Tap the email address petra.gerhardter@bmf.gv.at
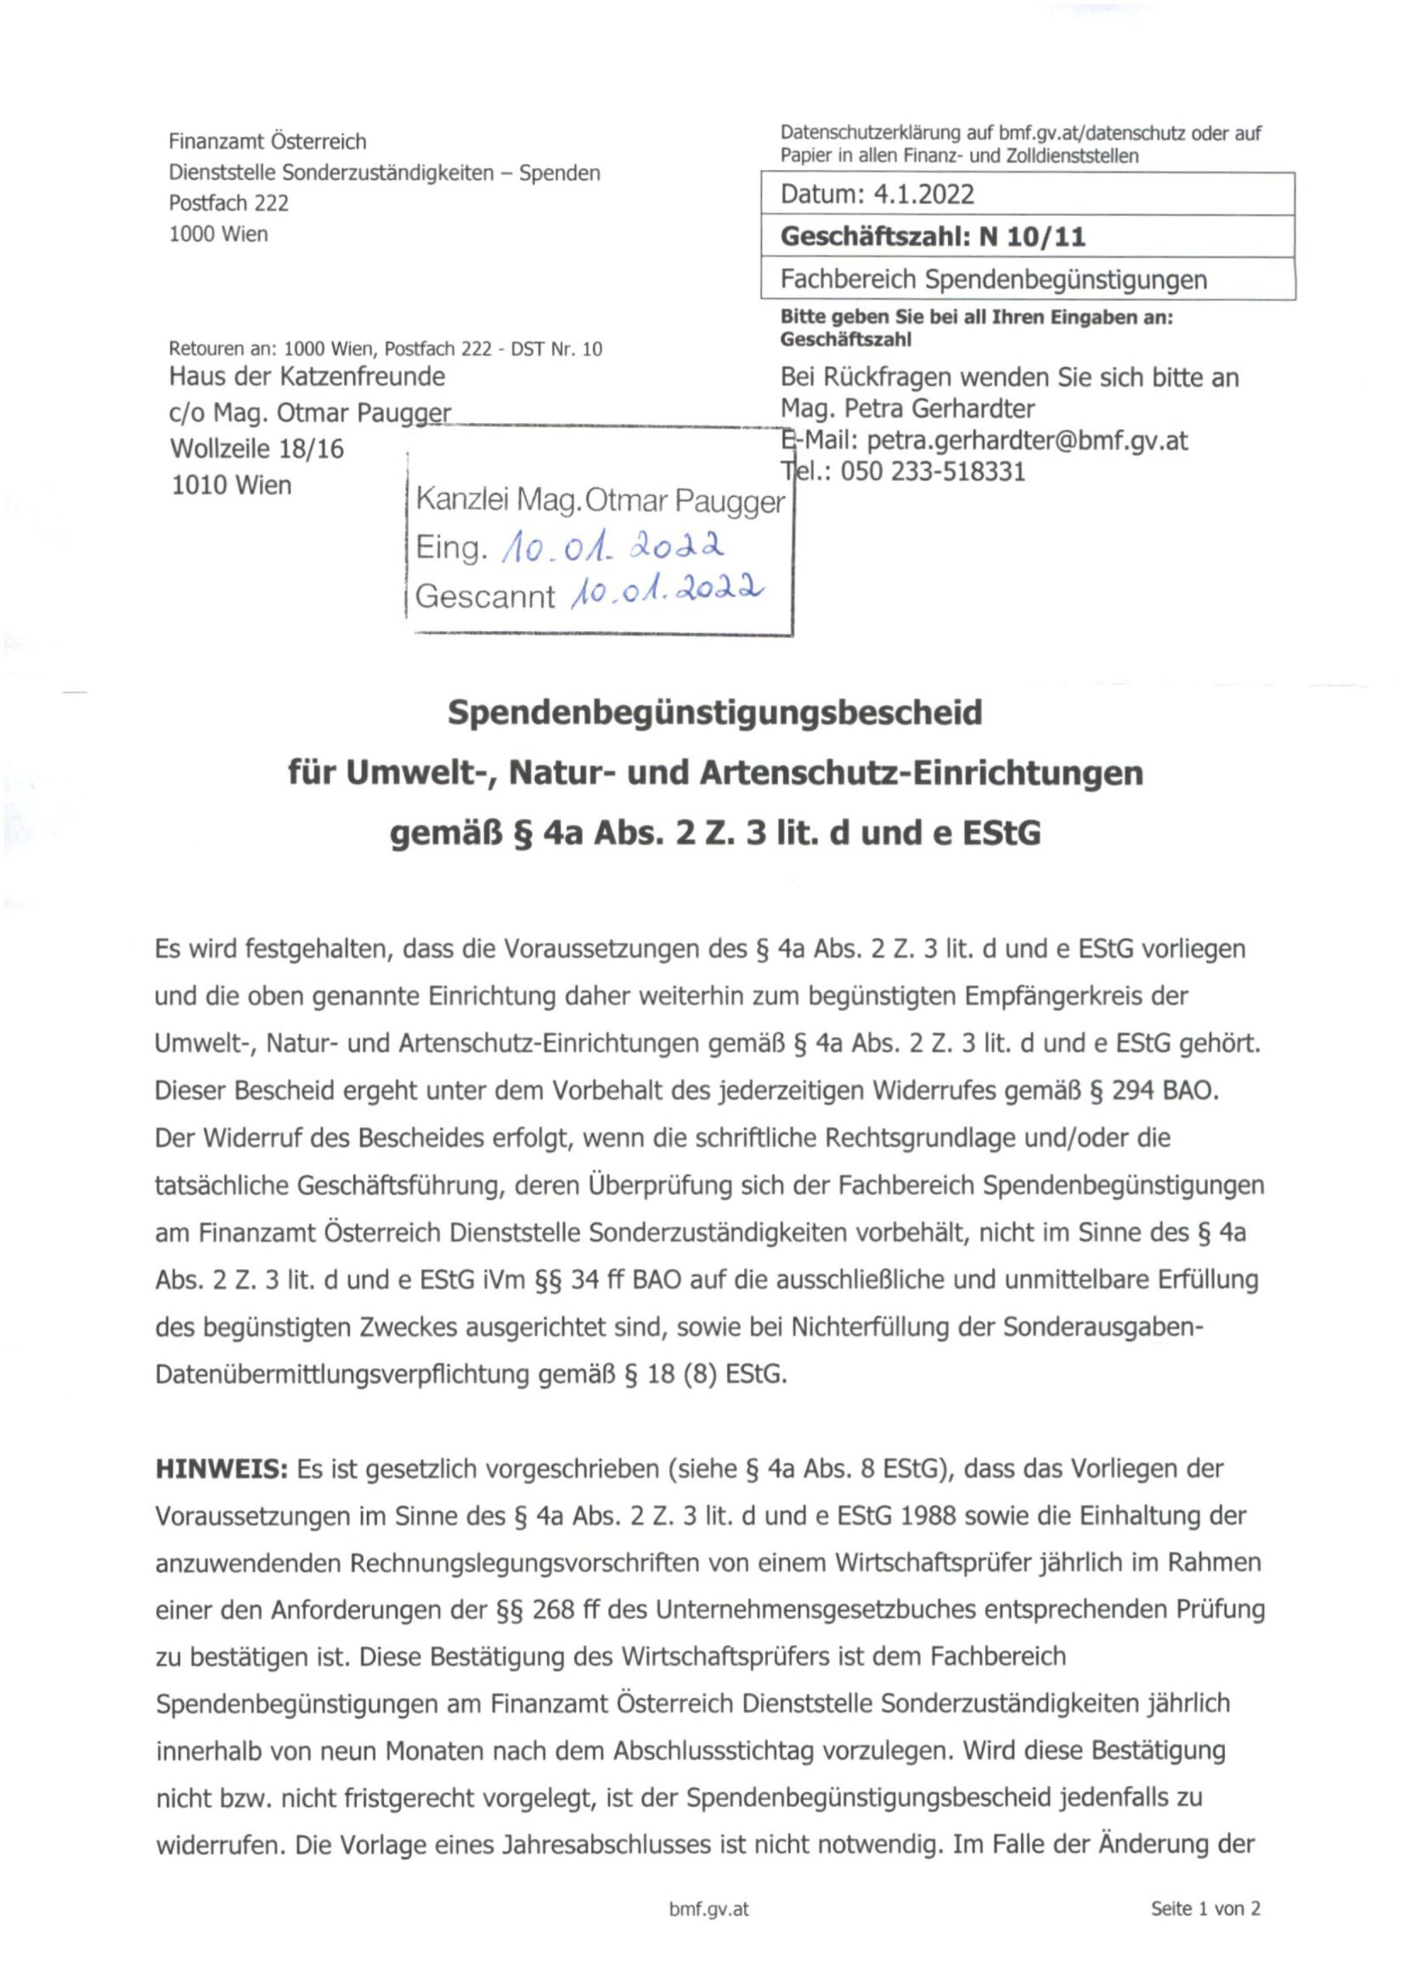(1027, 441)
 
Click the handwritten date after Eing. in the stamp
(613, 546)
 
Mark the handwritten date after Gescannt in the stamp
(666, 593)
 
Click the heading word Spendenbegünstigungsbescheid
(715, 713)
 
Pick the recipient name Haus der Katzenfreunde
(307, 376)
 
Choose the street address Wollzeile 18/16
(257, 449)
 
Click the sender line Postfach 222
(228, 203)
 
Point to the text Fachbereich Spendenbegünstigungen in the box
(993, 279)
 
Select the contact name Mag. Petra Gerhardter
(908, 408)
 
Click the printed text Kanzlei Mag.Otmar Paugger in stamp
(600, 500)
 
